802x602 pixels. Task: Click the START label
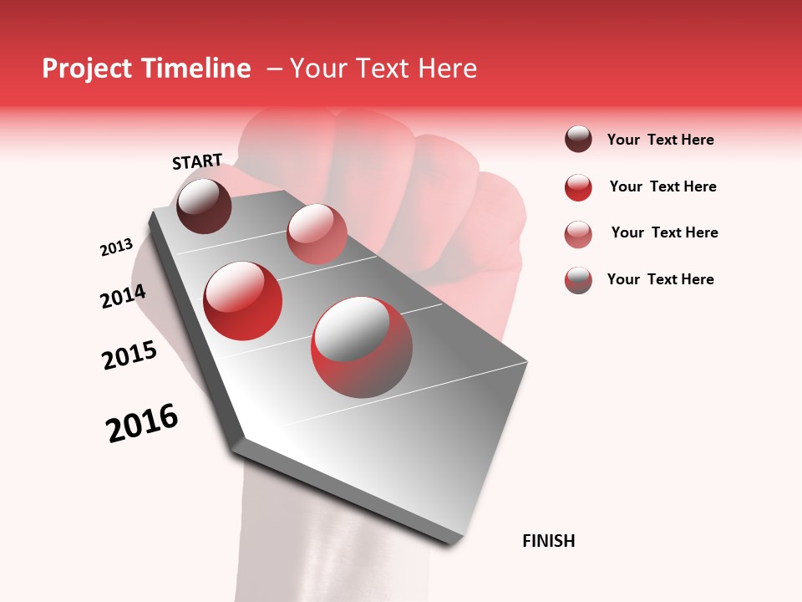pos(197,161)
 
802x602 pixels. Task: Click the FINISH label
pos(548,541)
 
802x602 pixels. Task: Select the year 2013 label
pos(116,247)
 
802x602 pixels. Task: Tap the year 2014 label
pos(123,297)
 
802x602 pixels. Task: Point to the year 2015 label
pos(129,355)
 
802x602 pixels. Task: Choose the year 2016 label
pos(142,423)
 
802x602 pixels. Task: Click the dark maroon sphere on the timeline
pos(204,206)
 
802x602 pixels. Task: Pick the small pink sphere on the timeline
pos(317,234)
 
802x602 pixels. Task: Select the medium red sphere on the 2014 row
pos(243,301)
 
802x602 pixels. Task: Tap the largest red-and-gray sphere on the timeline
pos(362,347)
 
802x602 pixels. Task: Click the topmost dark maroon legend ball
pos(578,140)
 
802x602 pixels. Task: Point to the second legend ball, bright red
pos(578,187)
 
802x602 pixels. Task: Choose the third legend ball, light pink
pos(578,234)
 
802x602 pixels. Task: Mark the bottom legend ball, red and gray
pos(578,280)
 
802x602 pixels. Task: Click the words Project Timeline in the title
pos(146,69)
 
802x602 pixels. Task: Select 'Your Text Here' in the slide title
pos(383,69)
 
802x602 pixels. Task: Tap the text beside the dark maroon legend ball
pos(660,140)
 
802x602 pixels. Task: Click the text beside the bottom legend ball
pos(660,279)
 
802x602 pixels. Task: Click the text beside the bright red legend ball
pos(662,186)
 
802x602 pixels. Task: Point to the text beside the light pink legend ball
pos(664,232)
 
